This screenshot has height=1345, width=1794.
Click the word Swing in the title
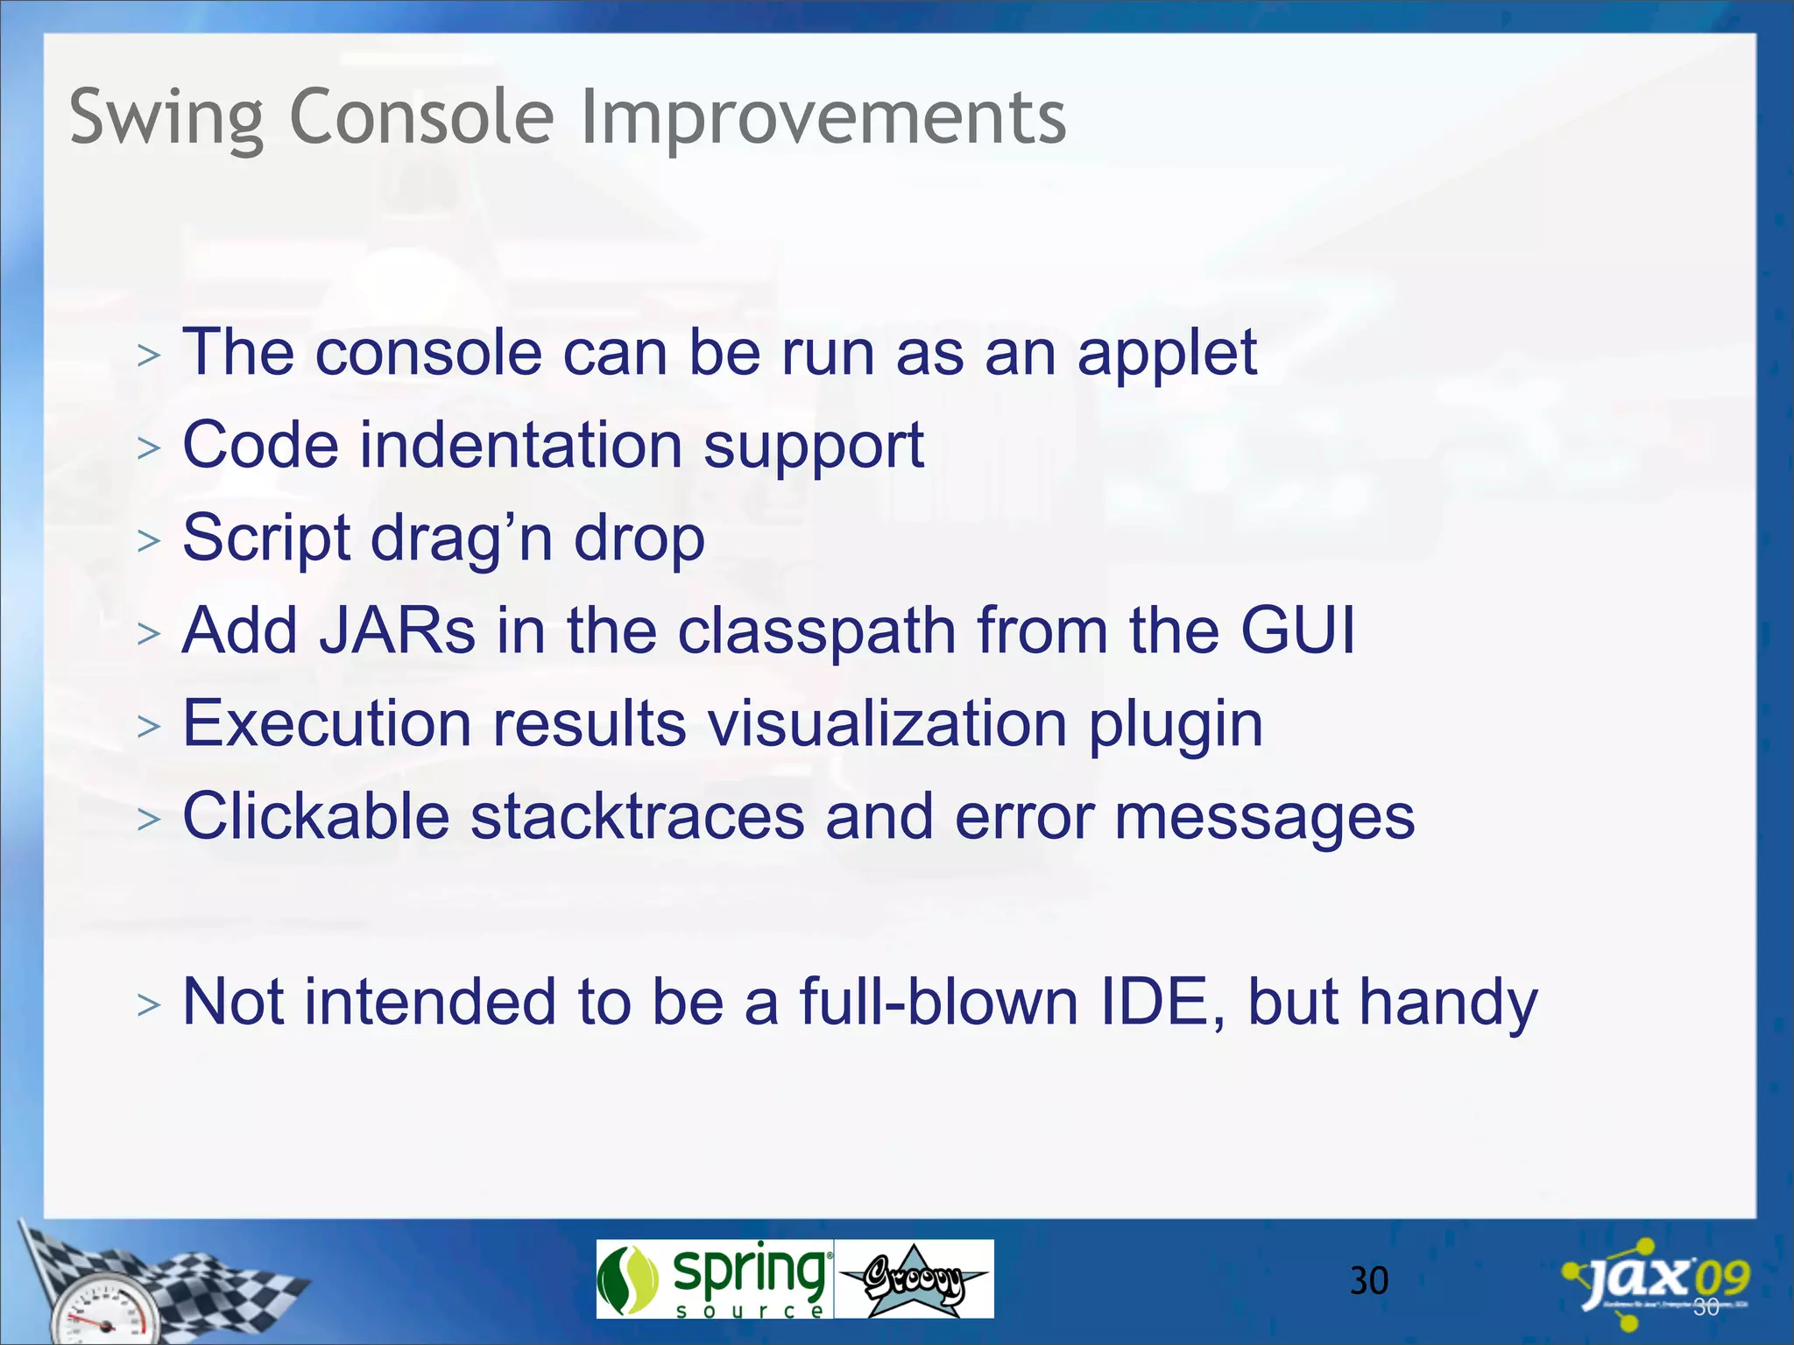(x=166, y=118)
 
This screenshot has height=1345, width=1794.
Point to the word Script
(x=266, y=539)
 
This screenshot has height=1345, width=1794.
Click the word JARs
(x=397, y=630)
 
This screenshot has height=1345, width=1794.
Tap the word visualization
(x=886, y=725)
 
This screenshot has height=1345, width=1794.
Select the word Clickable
(x=315, y=817)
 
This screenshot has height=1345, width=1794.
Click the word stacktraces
(x=637, y=817)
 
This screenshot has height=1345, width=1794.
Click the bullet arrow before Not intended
(x=149, y=1005)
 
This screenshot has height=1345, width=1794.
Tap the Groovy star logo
(x=914, y=1279)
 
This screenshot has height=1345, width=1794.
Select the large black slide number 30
(x=1368, y=1281)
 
